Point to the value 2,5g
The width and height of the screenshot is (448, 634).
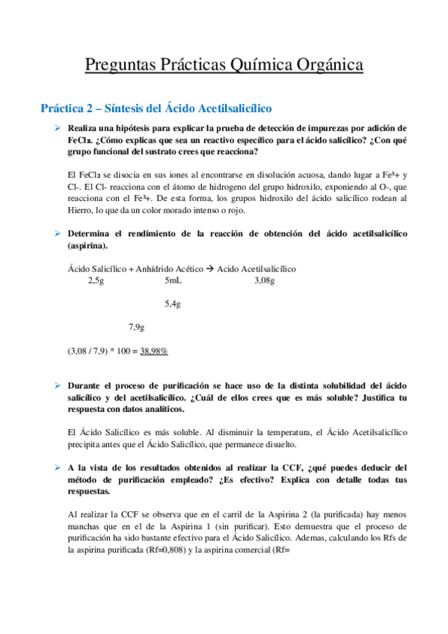[x=96, y=280]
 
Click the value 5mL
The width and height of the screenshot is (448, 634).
[x=173, y=280]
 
